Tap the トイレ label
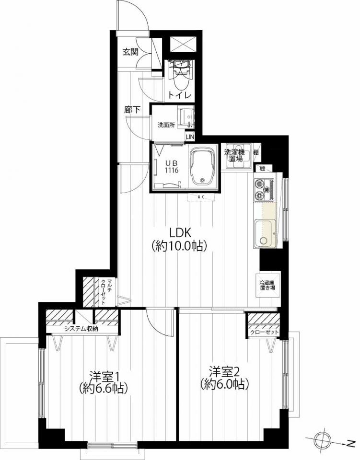click(180, 95)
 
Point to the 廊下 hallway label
click(132, 110)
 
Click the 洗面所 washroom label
click(166, 125)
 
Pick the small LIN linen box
click(190, 137)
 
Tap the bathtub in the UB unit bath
click(201, 166)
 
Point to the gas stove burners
click(264, 190)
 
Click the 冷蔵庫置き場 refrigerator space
click(268, 285)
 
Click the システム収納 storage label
click(81, 329)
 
